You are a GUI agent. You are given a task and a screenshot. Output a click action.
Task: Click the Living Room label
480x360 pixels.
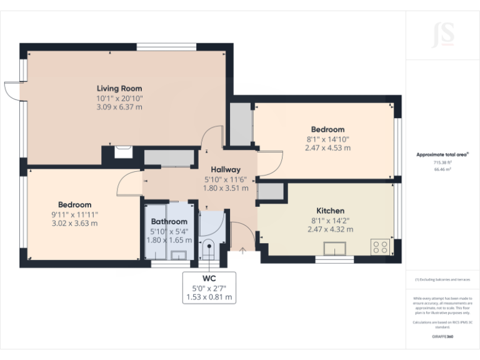click(119, 88)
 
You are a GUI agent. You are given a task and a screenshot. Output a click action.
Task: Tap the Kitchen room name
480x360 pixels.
click(330, 211)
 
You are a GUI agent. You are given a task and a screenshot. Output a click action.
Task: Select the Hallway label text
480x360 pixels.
click(225, 169)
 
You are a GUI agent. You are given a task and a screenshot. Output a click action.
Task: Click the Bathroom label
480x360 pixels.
click(169, 221)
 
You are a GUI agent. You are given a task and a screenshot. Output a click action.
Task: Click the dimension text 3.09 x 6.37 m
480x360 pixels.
click(119, 107)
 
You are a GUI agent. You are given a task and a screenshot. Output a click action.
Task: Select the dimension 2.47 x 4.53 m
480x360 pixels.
click(327, 148)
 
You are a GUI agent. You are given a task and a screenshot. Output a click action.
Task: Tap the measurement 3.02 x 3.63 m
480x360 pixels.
click(75, 223)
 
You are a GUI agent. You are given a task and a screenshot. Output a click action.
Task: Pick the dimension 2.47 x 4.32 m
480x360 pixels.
click(330, 229)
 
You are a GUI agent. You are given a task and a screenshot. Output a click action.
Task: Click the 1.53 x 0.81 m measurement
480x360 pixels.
click(209, 297)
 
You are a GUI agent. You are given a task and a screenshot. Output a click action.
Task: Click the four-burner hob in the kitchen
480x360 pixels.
click(379, 246)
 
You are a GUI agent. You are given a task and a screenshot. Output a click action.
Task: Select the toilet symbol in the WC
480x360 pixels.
click(209, 247)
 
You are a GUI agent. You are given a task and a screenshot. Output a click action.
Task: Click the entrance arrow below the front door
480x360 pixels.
click(242, 251)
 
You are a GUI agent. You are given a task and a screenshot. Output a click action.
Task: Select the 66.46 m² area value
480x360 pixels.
click(442, 169)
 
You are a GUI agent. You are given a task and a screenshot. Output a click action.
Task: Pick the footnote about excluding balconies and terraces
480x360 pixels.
click(442, 279)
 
